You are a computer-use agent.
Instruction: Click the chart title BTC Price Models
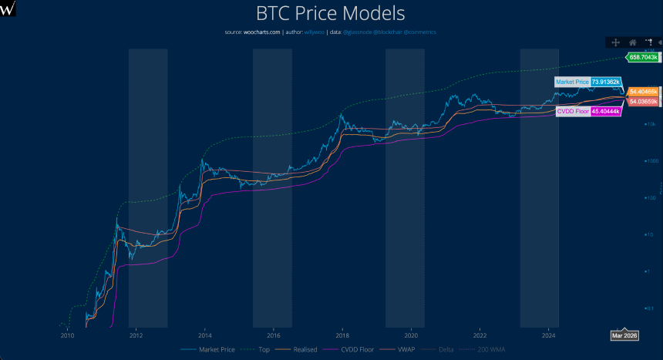(331, 14)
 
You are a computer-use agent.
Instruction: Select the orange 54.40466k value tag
(643, 92)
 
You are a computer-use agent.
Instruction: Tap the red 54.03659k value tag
(643, 101)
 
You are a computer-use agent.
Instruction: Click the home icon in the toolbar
(632, 42)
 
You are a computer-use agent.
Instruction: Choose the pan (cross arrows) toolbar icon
(616, 42)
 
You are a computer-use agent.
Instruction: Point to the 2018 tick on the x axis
(342, 336)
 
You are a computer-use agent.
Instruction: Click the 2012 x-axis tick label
(136, 336)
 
